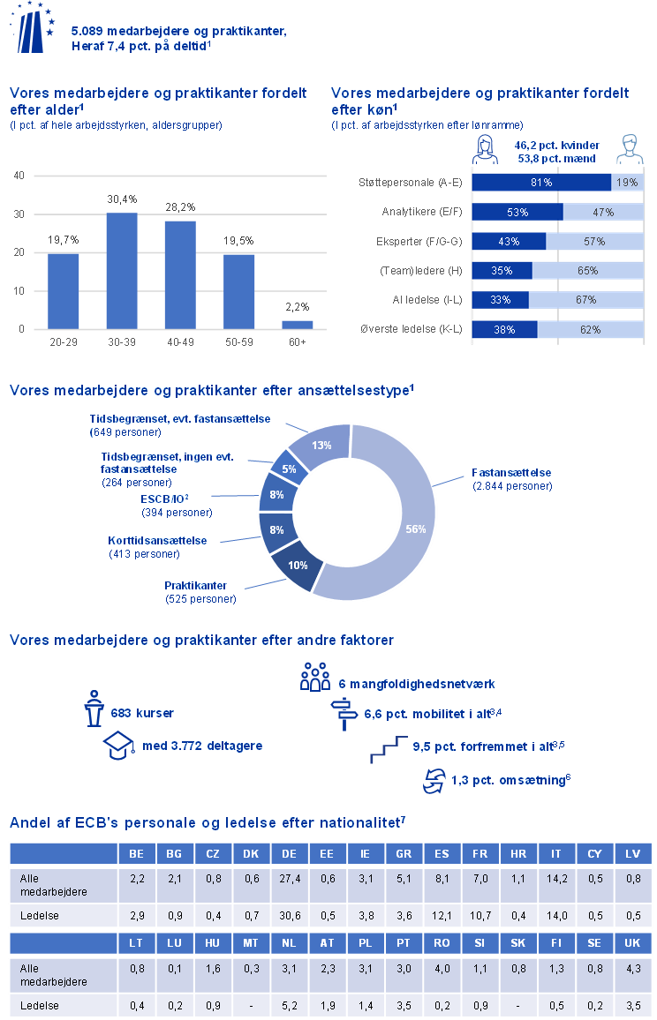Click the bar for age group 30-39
122,271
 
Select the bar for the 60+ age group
297,325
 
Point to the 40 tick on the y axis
19,176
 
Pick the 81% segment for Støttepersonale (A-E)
541,183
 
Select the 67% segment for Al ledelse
586,300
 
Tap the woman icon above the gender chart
484,150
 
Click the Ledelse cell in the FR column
480,916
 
